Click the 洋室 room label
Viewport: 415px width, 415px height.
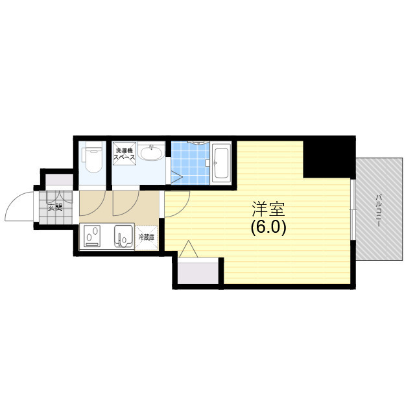268,209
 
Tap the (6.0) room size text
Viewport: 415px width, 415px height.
268,227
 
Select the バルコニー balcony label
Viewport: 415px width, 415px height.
379,210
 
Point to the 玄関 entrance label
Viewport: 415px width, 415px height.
55,207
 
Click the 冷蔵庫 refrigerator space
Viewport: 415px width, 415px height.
147,237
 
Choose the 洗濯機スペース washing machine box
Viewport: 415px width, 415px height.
124,154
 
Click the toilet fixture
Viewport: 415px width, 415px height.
92,157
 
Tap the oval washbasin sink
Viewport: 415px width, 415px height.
151,152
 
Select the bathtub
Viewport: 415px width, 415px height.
220,163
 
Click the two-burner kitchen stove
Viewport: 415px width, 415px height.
92,236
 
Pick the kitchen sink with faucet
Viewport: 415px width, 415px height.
124,236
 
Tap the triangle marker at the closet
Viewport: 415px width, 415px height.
188,249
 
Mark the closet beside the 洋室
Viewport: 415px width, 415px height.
198,271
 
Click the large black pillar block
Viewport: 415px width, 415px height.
329,157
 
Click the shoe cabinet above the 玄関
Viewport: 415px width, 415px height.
59,180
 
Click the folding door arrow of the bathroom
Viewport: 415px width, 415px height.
176,176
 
